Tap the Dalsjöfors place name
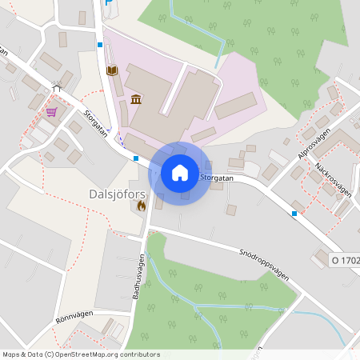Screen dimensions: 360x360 point(114,193)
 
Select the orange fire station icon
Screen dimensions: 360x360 point(142,205)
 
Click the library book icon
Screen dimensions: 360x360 point(113,70)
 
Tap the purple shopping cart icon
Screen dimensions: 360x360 point(52,111)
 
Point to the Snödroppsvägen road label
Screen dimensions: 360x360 point(263,262)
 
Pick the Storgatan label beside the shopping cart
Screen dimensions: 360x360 point(94,123)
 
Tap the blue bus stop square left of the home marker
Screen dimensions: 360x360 point(137,158)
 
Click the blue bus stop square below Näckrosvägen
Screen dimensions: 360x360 point(294,214)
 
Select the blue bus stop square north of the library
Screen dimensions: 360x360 point(100,45)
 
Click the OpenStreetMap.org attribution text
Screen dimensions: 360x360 point(104,354)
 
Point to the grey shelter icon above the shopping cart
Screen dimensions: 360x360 point(57,89)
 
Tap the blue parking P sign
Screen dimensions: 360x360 point(109,3)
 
